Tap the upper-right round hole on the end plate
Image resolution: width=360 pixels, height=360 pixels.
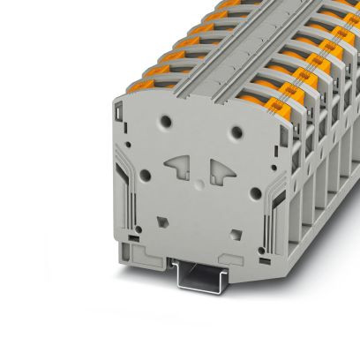[237, 131]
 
